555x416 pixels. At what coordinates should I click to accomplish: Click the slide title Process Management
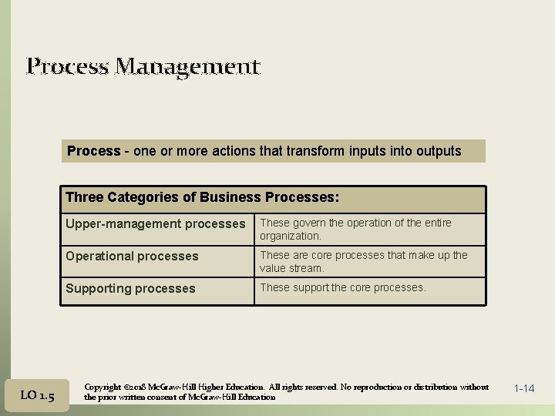[143, 67]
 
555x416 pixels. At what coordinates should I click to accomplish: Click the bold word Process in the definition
[93, 151]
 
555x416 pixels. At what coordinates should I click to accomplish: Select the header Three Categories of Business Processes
[202, 197]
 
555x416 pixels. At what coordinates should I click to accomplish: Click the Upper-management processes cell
[155, 224]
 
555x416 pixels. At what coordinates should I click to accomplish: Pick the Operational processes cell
[132, 257]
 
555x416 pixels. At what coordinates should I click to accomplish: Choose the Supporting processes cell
[130, 289]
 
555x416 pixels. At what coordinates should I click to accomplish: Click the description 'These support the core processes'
[342, 287]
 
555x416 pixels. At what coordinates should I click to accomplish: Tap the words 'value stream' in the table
[291, 269]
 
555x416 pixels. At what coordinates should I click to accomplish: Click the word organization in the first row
[291, 237]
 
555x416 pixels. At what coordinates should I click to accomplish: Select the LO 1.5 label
[37, 395]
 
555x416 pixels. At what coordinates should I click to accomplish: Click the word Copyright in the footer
[101, 387]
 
